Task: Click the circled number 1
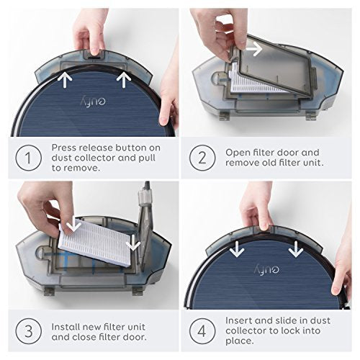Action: [29, 158]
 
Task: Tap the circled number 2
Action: [202, 158]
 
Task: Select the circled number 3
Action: [29, 331]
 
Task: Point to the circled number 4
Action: [202, 331]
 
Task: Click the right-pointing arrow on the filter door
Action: [254, 49]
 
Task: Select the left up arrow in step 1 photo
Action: [65, 80]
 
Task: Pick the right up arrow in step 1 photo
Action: [124, 80]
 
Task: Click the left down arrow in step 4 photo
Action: [237, 249]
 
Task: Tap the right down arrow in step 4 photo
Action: [296, 249]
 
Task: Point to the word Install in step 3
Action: [65, 327]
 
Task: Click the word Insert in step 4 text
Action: [239, 320]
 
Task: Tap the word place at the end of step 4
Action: [240, 341]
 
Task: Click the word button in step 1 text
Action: [130, 148]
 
